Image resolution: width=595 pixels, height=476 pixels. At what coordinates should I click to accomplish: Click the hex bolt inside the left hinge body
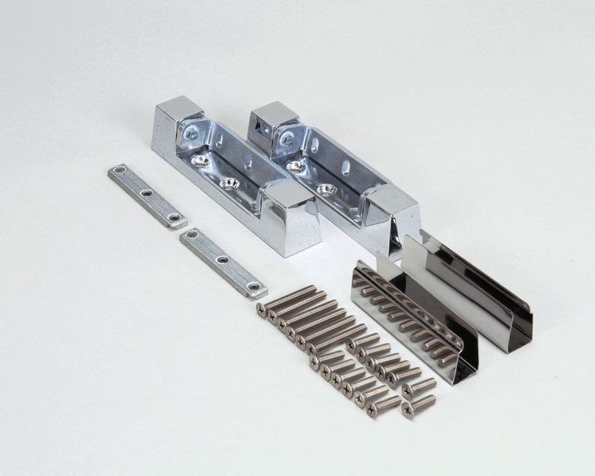point(193,135)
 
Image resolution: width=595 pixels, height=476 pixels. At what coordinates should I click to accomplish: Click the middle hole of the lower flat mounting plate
point(222,260)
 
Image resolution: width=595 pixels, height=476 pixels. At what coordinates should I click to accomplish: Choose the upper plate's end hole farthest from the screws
point(121,173)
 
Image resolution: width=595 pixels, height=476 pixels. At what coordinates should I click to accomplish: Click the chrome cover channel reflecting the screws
point(413,320)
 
